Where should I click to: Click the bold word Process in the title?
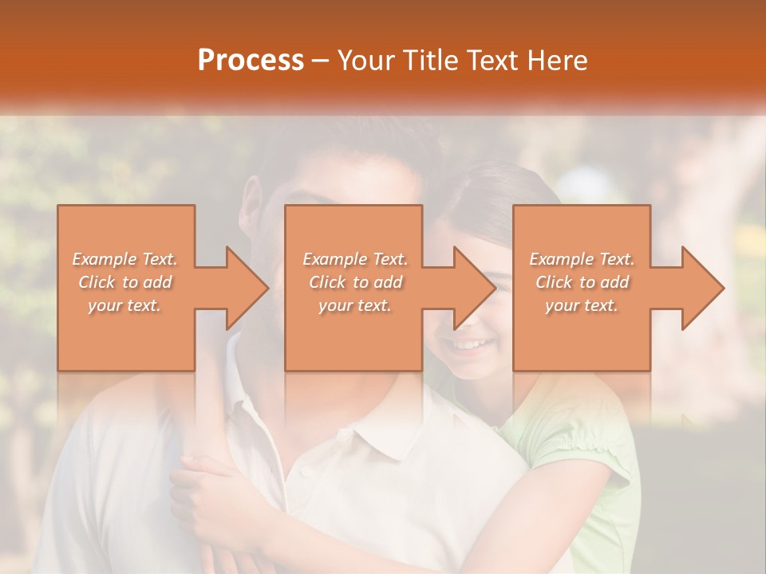[x=251, y=61]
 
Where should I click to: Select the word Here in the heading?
[x=558, y=61]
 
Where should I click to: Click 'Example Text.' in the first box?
[x=125, y=259]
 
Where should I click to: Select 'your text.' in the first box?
[x=125, y=305]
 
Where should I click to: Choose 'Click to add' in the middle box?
[x=355, y=282]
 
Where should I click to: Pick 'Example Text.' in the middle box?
[x=355, y=259]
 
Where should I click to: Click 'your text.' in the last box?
[x=582, y=305]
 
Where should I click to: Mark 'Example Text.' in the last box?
[x=582, y=259]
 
